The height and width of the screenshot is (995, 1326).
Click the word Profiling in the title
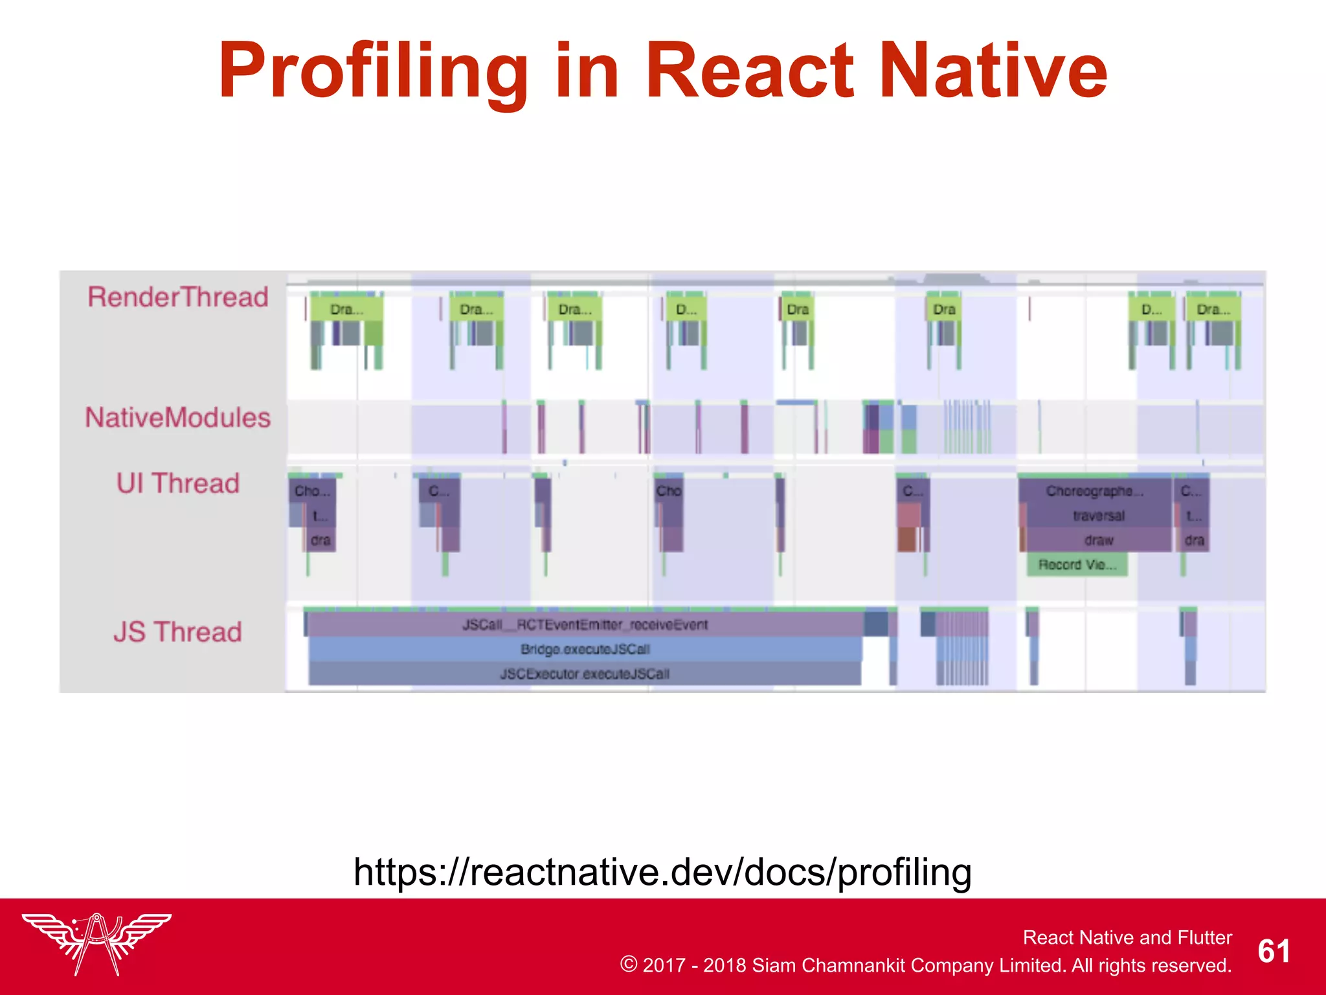click(x=373, y=71)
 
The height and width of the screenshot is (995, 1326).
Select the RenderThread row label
click(x=178, y=297)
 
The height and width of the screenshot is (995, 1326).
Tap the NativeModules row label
click(x=178, y=418)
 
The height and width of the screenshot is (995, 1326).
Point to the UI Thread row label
click(x=178, y=484)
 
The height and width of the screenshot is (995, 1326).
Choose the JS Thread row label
click(x=178, y=632)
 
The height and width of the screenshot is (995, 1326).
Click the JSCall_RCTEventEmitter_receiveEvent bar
click(x=585, y=625)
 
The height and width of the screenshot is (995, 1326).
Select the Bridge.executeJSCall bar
click(x=585, y=650)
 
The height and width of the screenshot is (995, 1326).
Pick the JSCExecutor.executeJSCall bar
click(x=585, y=674)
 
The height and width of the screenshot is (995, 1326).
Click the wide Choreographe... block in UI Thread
click(x=1094, y=492)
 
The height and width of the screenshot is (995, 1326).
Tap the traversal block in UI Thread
click(x=1098, y=516)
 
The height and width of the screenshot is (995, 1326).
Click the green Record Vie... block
click(x=1077, y=565)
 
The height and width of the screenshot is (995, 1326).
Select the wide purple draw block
click(x=1098, y=540)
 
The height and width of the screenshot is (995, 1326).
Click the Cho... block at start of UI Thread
click(x=312, y=492)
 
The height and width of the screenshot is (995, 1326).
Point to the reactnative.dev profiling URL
click(x=662, y=872)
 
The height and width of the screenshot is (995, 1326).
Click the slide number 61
click(x=1274, y=952)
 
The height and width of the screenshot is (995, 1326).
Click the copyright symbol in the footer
click(x=628, y=965)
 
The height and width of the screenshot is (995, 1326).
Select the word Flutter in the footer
click(x=1204, y=937)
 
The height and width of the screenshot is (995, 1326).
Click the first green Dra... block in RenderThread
click(x=346, y=310)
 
